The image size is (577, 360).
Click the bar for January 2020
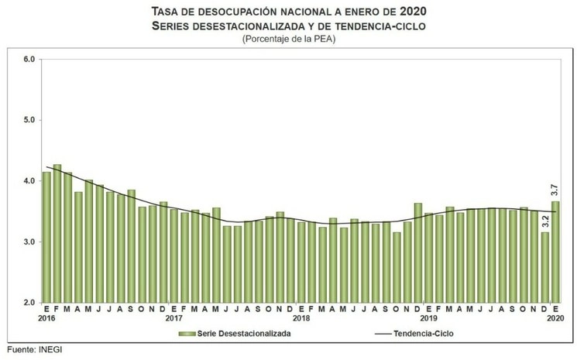(555, 252)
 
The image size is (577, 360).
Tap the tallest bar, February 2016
(57, 233)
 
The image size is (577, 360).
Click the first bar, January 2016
(46, 237)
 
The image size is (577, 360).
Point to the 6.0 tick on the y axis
(29, 60)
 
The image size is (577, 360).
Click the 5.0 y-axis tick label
(29, 120)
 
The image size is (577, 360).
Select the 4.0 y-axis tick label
(29, 181)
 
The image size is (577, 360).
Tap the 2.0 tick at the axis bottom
(29, 303)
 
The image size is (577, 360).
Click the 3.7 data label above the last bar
(555, 190)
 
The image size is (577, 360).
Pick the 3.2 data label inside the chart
(545, 221)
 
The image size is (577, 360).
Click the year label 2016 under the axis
(46, 318)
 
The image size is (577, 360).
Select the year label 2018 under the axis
(301, 318)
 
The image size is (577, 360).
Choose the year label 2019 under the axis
(428, 318)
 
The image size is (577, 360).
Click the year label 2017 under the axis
(173, 318)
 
